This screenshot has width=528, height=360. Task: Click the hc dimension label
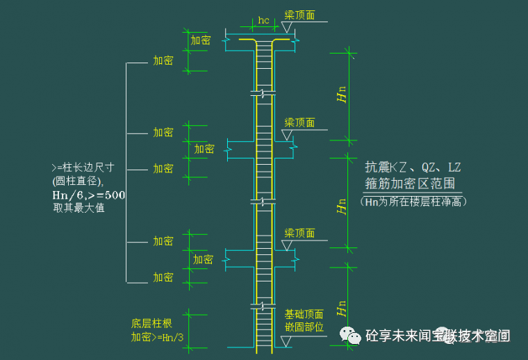(263, 20)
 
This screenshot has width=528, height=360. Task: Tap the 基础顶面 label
(304, 314)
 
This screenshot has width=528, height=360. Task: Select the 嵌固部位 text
(304, 327)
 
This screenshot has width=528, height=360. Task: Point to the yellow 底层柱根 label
(151, 323)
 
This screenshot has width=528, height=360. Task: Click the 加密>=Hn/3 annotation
(157, 337)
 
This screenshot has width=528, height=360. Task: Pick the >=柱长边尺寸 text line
(83, 167)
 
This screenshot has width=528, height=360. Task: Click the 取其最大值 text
(79, 208)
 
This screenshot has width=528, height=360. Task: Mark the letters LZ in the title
(454, 168)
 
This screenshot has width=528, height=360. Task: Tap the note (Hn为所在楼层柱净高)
(413, 202)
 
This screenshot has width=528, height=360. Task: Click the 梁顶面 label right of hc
(299, 15)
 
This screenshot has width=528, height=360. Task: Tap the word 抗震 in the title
(376, 168)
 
